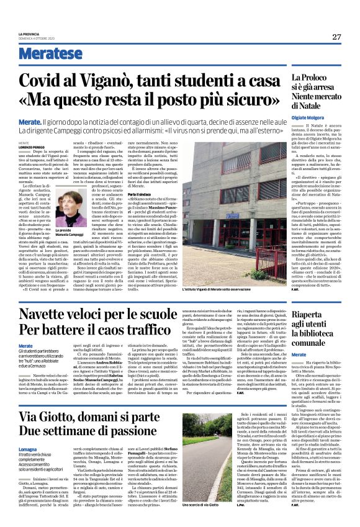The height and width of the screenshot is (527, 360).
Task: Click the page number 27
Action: (x=336, y=37)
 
